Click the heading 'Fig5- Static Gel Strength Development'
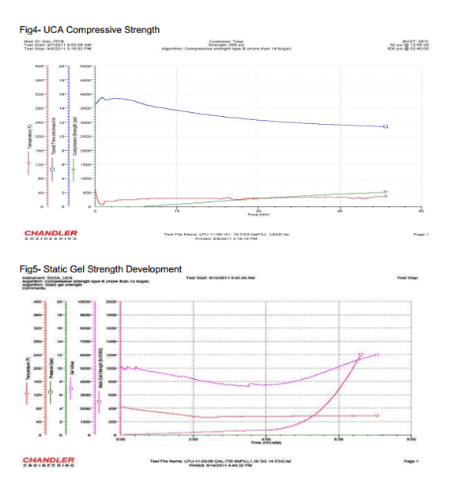click(102, 269)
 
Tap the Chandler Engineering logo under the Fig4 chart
click(51, 235)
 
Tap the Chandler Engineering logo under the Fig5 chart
click(49, 460)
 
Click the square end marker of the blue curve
click(386, 126)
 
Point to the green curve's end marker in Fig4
click(386, 192)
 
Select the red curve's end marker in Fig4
click(386, 196)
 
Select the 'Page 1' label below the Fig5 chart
click(410, 460)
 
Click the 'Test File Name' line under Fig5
click(220, 460)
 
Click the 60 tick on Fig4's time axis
click(420, 209)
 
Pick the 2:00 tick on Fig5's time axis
click(194, 438)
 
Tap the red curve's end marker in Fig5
click(376, 415)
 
